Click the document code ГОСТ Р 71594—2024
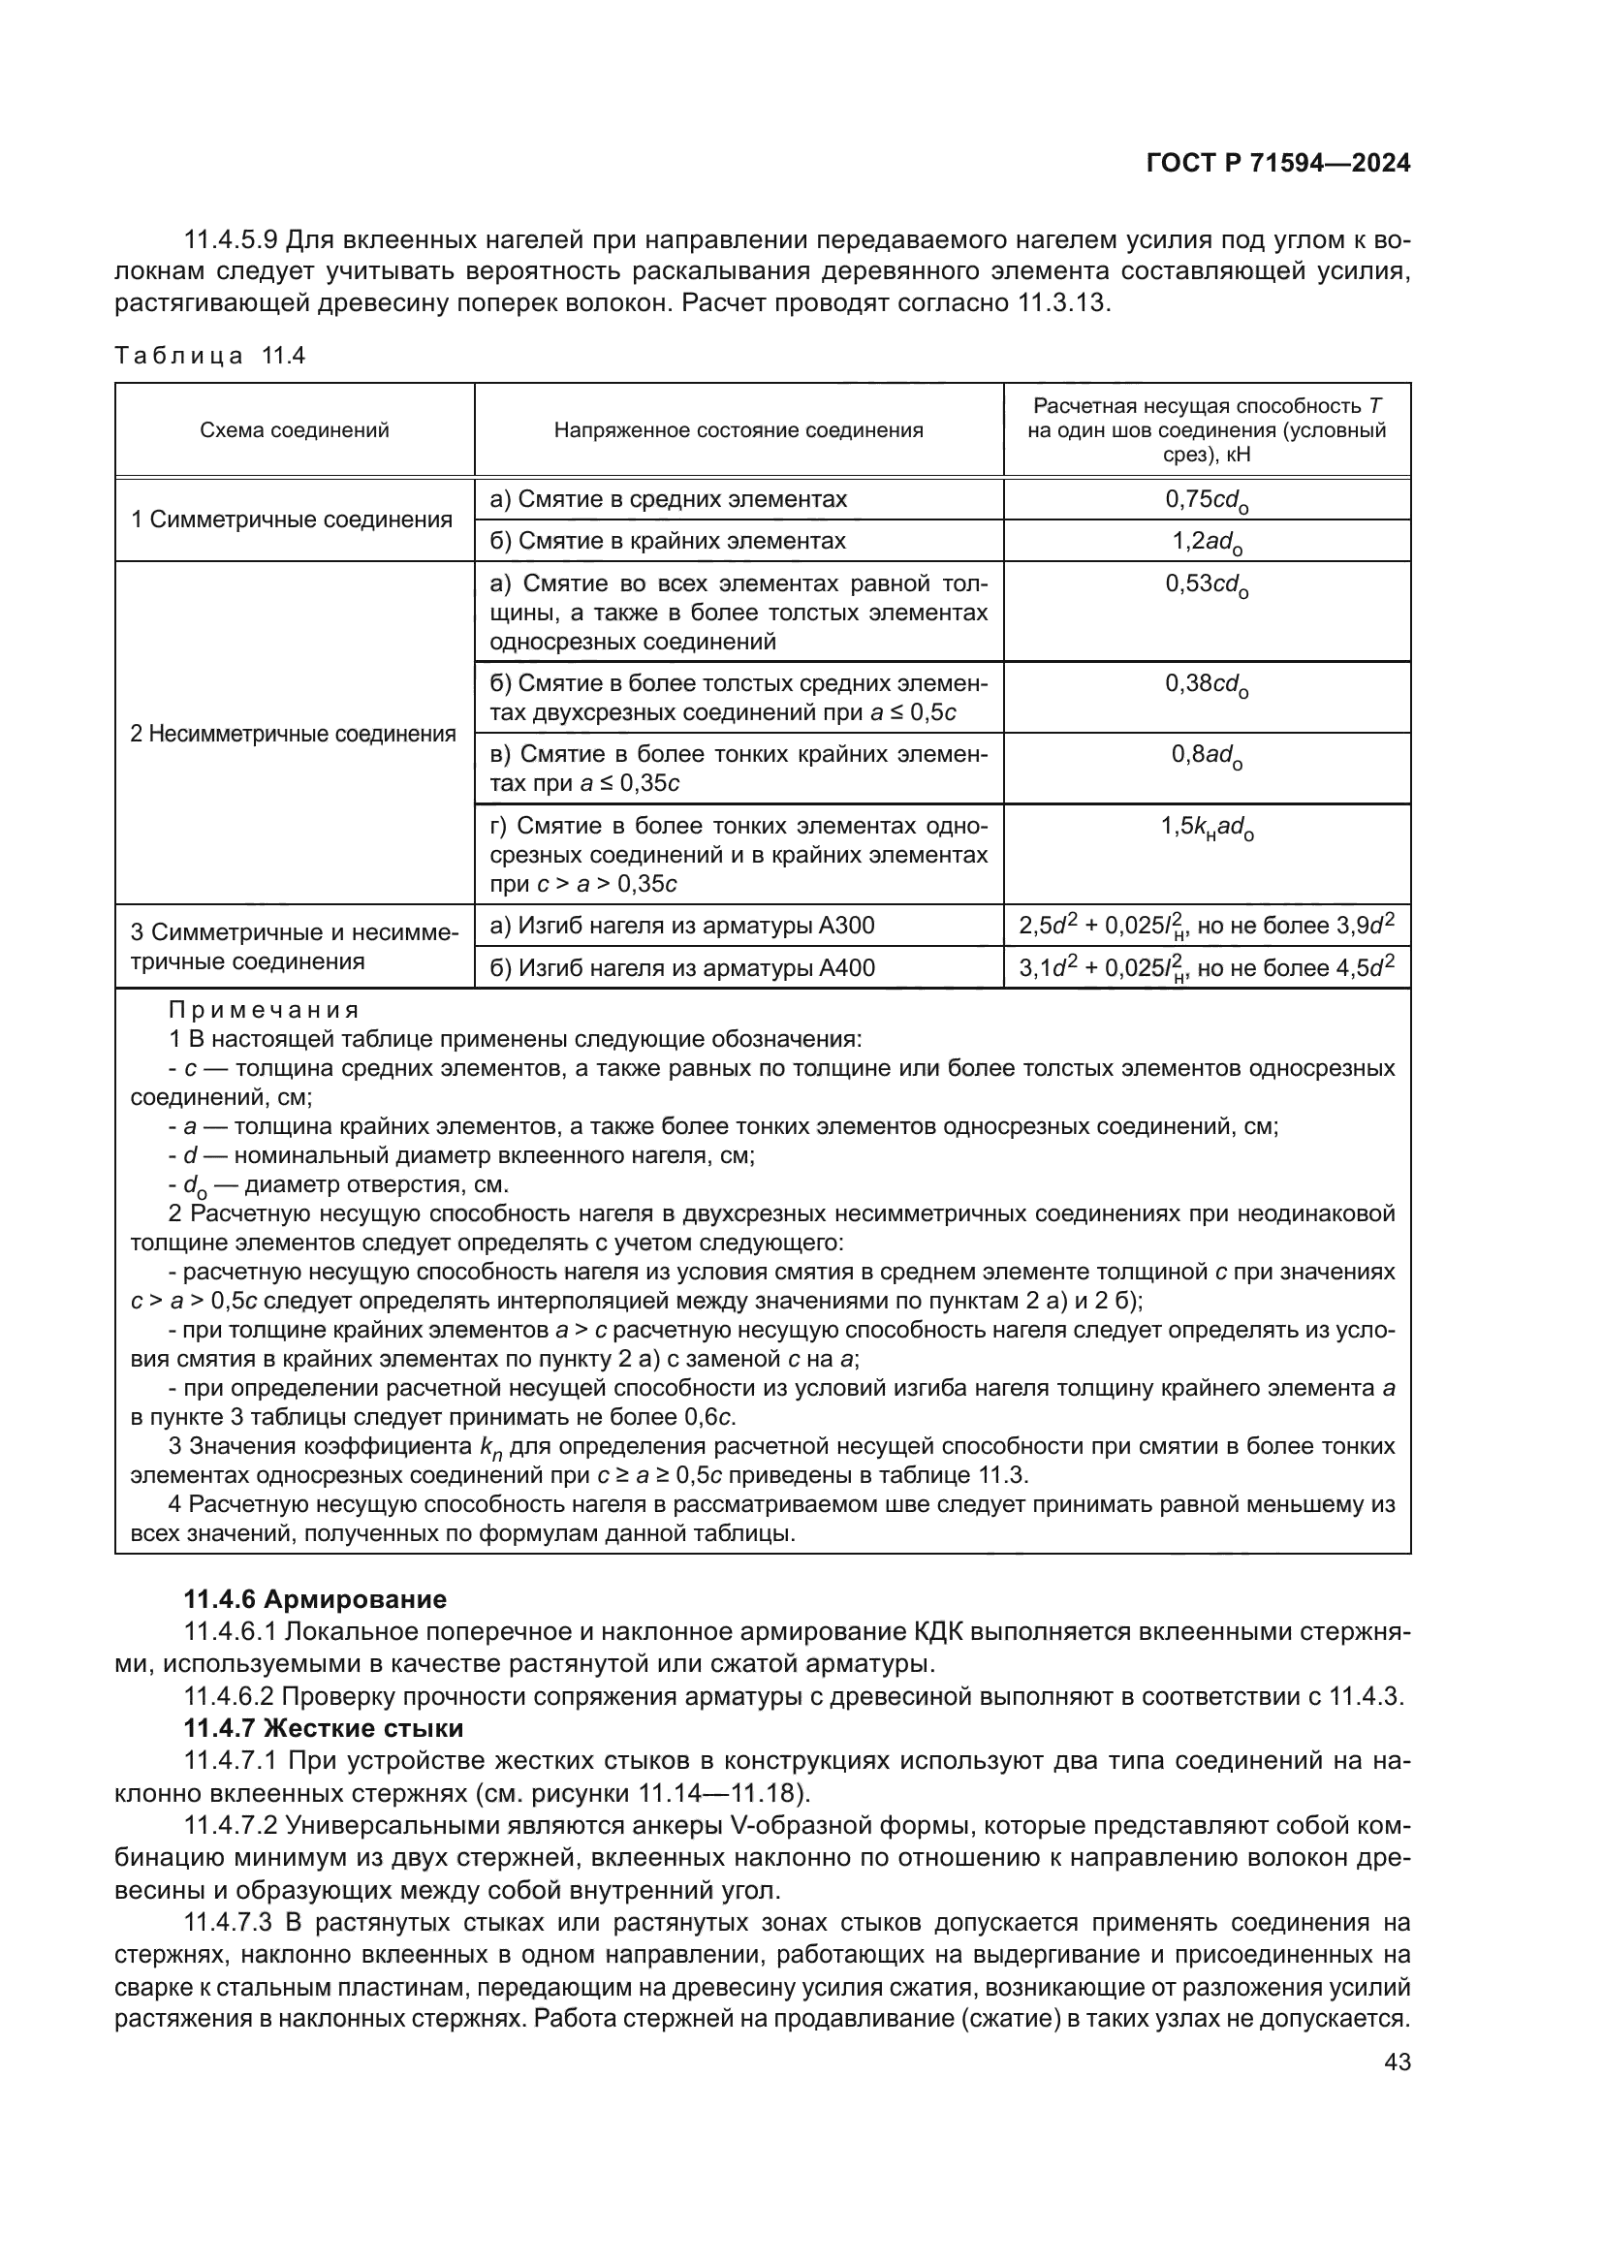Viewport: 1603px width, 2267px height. click(1278, 164)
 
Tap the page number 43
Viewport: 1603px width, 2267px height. click(1397, 2062)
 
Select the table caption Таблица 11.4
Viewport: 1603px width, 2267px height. click(210, 356)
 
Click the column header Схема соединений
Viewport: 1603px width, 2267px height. click(295, 430)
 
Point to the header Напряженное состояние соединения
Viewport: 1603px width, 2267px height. click(739, 430)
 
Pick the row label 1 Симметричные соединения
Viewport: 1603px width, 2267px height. click(292, 520)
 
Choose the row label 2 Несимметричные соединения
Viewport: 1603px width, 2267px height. click(293, 734)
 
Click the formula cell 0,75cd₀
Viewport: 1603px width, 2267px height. click(1207, 499)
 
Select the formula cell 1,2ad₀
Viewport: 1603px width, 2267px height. click(1207, 541)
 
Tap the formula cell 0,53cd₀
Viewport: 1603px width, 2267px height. click(1207, 584)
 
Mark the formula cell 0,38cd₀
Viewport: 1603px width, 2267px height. click(1207, 684)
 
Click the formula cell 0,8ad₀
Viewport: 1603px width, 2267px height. click(1207, 755)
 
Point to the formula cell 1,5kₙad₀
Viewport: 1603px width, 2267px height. click(1207, 828)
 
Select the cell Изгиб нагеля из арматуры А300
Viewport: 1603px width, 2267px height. click(682, 927)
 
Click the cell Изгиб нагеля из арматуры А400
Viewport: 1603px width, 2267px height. click(682, 968)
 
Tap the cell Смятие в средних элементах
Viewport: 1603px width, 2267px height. click(669, 499)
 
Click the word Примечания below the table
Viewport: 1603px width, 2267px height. click(264, 1010)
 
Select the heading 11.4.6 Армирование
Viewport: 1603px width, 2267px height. click(315, 1599)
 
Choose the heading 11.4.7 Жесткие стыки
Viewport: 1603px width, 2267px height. click(324, 1729)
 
